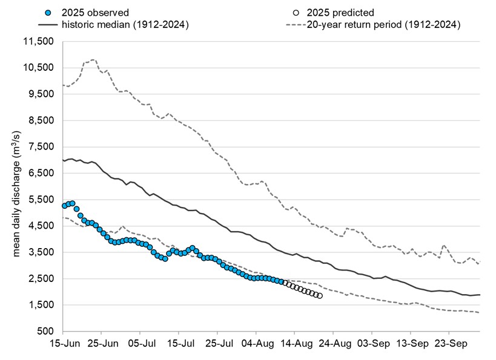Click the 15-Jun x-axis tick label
click(x=62, y=344)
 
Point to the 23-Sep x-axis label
click(x=449, y=344)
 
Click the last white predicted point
click(x=319, y=296)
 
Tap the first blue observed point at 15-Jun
click(x=64, y=206)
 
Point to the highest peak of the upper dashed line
click(x=93, y=60)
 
